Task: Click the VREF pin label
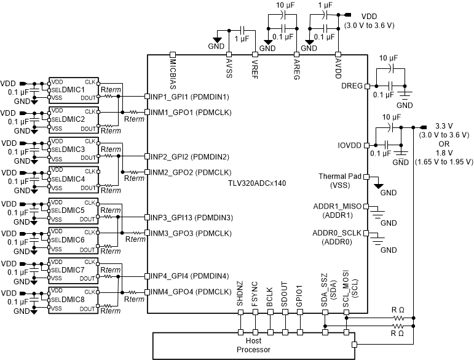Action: pyautogui.click(x=255, y=70)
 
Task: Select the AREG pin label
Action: pyautogui.click(x=298, y=70)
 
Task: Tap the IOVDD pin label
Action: pyautogui.click(x=349, y=146)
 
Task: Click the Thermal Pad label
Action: pyautogui.click(x=340, y=177)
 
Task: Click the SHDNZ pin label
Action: pyautogui.click(x=240, y=298)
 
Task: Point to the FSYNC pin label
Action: pyautogui.click(x=255, y=298)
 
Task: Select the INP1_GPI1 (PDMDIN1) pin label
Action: pyautogui.click(x=190, y=97)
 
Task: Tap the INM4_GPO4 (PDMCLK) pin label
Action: pyautogui.click(x=190, y=291)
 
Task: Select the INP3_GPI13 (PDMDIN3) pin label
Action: pyautogui.click(x=190, y=217)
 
